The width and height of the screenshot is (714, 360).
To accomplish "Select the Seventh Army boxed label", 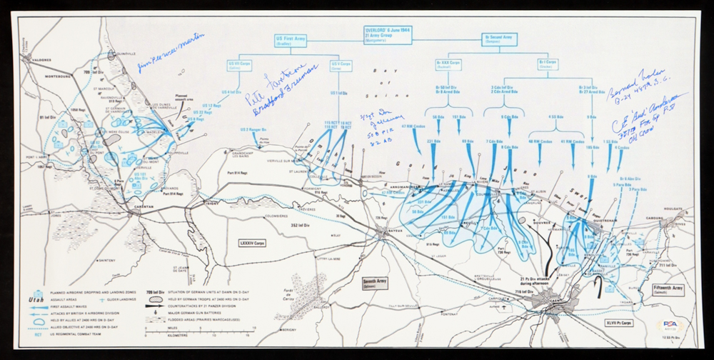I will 378,281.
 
